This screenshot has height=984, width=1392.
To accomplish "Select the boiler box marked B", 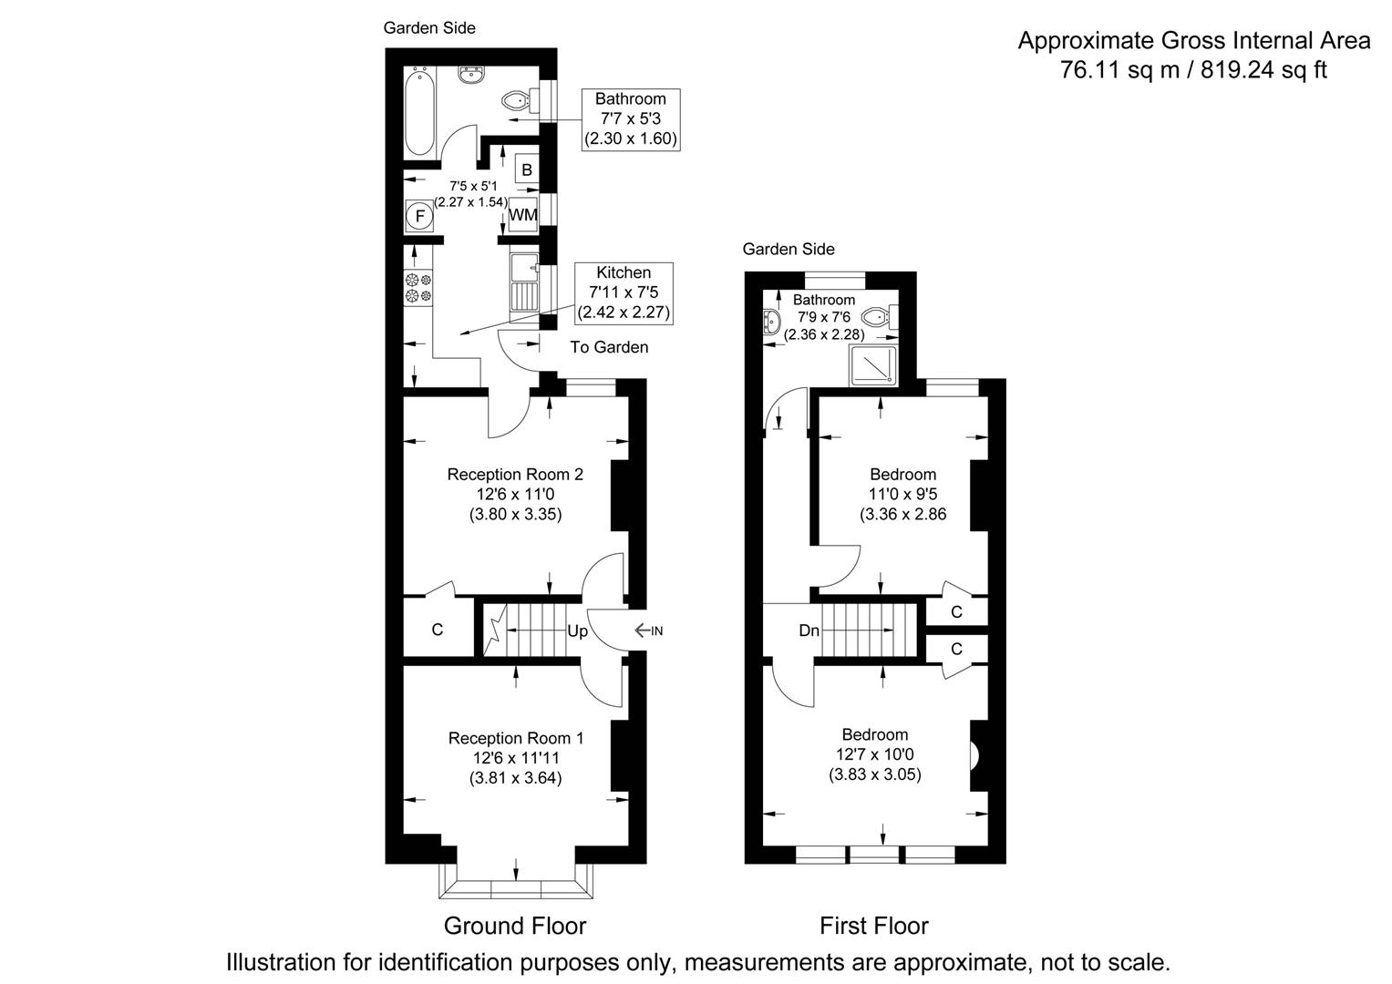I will pos(526,169).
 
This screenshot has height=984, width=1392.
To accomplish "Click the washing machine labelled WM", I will pos(522,215).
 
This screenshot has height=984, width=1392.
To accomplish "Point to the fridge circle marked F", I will pos(420,216).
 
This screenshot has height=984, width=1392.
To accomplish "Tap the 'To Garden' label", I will pos(609,347).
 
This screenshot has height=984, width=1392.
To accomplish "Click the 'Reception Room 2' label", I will pos(515,475).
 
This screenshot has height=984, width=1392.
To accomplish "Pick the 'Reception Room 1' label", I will pos(515,738).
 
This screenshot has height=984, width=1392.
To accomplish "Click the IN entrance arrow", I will pos(648,630).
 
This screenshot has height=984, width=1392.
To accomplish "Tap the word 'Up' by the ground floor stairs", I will pos(577,631).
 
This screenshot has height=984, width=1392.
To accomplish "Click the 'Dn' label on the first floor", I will pos(809,630).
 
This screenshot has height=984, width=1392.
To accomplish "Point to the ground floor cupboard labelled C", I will pos(438,630).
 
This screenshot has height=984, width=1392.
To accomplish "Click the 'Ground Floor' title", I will pos(515,927).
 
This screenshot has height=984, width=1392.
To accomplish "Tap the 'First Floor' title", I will pos(873,927).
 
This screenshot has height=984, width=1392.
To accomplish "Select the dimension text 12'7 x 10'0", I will pos(874,754).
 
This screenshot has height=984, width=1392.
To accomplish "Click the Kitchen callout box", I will pos(624,292).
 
